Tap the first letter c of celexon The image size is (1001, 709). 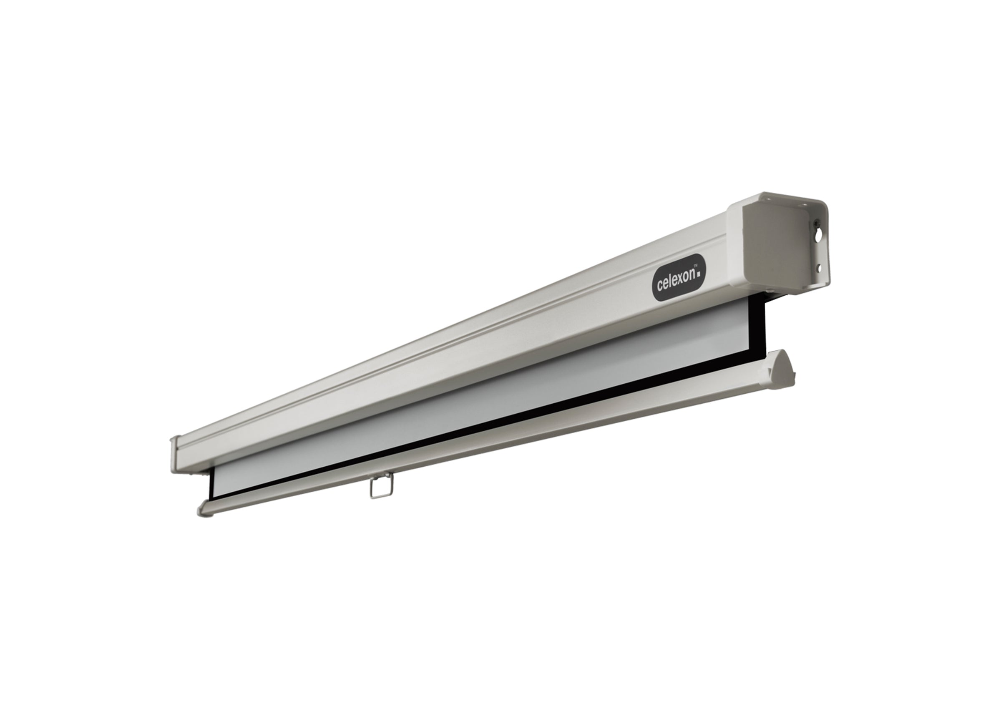click(660, 287)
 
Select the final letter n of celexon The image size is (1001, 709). click(692, 274)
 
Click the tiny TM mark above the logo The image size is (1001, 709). click(696, 267)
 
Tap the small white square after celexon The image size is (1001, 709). click(699, 274)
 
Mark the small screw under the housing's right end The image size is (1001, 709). click(770, 291)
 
